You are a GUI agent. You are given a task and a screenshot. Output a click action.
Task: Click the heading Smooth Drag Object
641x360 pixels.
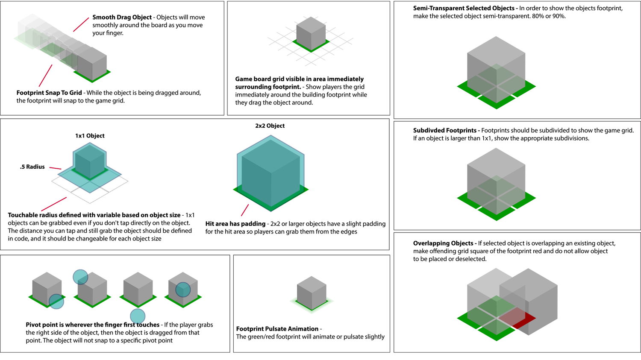(122, 18)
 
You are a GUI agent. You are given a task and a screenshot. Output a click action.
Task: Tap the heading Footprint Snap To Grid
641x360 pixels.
(49, 93)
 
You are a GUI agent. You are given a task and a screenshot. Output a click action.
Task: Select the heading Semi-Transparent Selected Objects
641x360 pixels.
(464, 8)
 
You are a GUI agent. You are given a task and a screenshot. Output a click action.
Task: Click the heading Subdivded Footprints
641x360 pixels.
(444, 130)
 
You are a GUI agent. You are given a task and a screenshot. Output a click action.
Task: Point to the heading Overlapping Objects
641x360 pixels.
(443, 243)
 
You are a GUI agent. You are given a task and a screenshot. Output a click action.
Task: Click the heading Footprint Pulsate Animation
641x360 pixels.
(277, 329)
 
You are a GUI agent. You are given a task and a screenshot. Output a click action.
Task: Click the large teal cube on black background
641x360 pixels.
(271, 173)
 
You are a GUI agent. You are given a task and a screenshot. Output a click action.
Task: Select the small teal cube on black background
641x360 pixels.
(90, 160)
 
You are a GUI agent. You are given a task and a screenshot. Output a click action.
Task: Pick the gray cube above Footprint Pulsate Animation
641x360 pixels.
(312, 293)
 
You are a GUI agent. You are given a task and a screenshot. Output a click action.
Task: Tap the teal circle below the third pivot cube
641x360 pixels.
(138, 316)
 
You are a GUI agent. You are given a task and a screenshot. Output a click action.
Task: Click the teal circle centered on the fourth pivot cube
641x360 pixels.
(183, 290)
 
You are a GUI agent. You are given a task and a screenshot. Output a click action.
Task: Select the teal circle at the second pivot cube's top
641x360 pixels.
(80, 277)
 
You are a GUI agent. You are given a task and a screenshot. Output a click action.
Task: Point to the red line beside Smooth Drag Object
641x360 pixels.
(81, 24)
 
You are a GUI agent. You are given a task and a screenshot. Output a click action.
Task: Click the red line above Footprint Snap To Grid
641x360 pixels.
(45, 76)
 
